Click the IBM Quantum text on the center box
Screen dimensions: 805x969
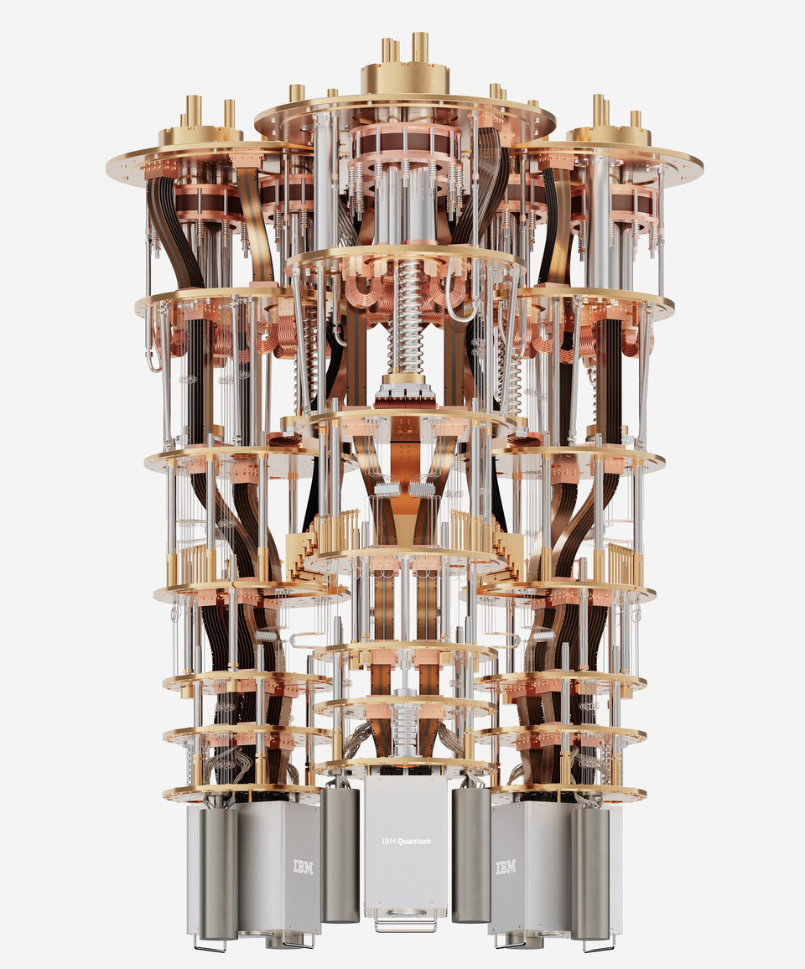(x=406, y=841)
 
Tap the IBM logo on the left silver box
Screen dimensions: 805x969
(x=303, y=867)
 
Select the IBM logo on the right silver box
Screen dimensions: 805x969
(x=506, y=867)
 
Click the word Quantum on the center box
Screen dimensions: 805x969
(x=414, y=841)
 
